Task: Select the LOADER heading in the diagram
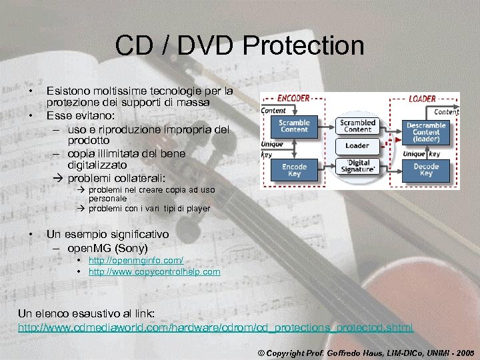click(421, 99)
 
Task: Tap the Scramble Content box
click(294, 126)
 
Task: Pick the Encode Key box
click(294, 170)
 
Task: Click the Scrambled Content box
click(357, 126)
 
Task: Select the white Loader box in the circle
click(357, 145)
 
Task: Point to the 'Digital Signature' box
click(357, 166)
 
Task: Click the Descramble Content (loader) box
click(426, 131)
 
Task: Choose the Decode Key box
click(426, 170)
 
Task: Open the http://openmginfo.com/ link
click(135, 261)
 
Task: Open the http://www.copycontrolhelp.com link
click(154, 272)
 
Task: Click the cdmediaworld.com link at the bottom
click(215, 327)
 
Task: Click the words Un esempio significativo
click(107, 235)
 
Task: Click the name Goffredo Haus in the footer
click(339, 350)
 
